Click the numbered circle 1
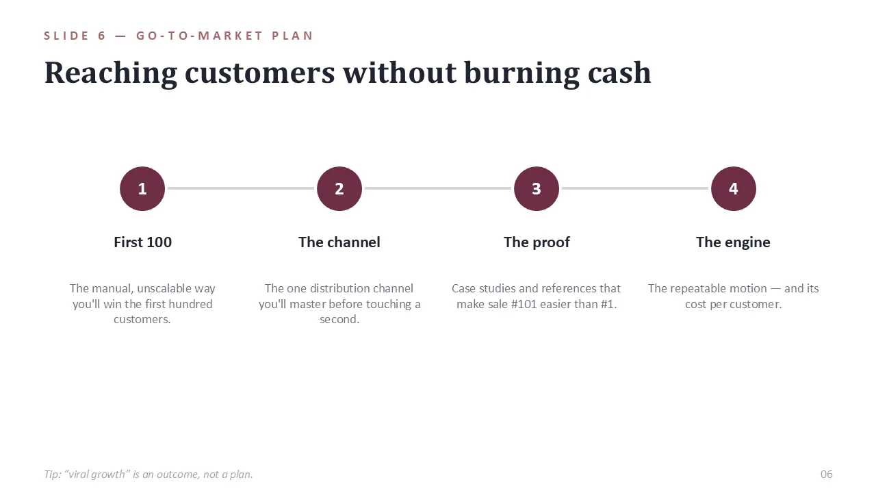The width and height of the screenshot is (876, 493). pos(142,188)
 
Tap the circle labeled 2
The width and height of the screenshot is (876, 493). pos(339,188)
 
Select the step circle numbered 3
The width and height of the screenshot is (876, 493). pos(537,188)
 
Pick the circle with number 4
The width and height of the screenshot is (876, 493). pos(734,188)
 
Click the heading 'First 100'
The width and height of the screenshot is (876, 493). pos(143,242)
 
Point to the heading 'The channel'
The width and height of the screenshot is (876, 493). pos(339,242)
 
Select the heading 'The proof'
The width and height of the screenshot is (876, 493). pos(537,242)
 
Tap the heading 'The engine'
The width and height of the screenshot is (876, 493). pos(733,242)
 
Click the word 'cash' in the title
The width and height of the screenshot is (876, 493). pos(619,73)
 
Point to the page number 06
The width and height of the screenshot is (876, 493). pos(826,475)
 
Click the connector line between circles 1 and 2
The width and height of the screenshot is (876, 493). pos(241,188)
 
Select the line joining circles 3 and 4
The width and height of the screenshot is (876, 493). pos(635,188)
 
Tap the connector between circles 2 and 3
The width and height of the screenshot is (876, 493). pos(438,188)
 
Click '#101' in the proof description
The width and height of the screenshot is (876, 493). pos(524,304)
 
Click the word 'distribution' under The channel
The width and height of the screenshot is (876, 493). pos(339,288)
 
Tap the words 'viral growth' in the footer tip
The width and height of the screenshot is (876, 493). pos(97,475)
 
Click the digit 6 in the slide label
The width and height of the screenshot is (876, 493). pos(102,36)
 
